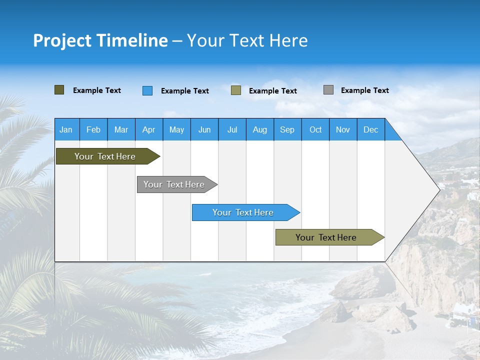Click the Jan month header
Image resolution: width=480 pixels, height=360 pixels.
(x=66, y=129)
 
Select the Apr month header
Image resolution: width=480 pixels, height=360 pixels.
(x=149, y=129)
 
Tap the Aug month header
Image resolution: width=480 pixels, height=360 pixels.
(x=260, y=129)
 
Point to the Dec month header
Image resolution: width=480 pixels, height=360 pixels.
(x=370, y=129)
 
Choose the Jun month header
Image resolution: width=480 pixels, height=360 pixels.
(x=204, y=129)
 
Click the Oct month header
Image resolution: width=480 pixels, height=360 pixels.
(x=315, y=129)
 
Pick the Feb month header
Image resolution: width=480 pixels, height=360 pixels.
(x=93, y=129)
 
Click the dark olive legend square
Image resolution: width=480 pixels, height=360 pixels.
(x=59, y=90)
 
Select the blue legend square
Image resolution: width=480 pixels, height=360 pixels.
(x=147, y=90)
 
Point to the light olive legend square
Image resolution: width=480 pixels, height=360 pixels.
(x=236, y=90)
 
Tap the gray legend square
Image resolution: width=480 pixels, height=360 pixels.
(x=328, y=90)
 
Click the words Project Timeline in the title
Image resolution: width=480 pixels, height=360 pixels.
(x=100, y=40)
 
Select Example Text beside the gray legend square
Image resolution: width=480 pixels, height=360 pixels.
(x=364, y=90)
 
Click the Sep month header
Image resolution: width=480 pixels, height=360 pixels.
(x=287, y=129)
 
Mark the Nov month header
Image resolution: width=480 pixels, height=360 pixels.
(x=343, y=129)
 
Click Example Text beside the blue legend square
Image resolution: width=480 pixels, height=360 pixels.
(x=184, y=91)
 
